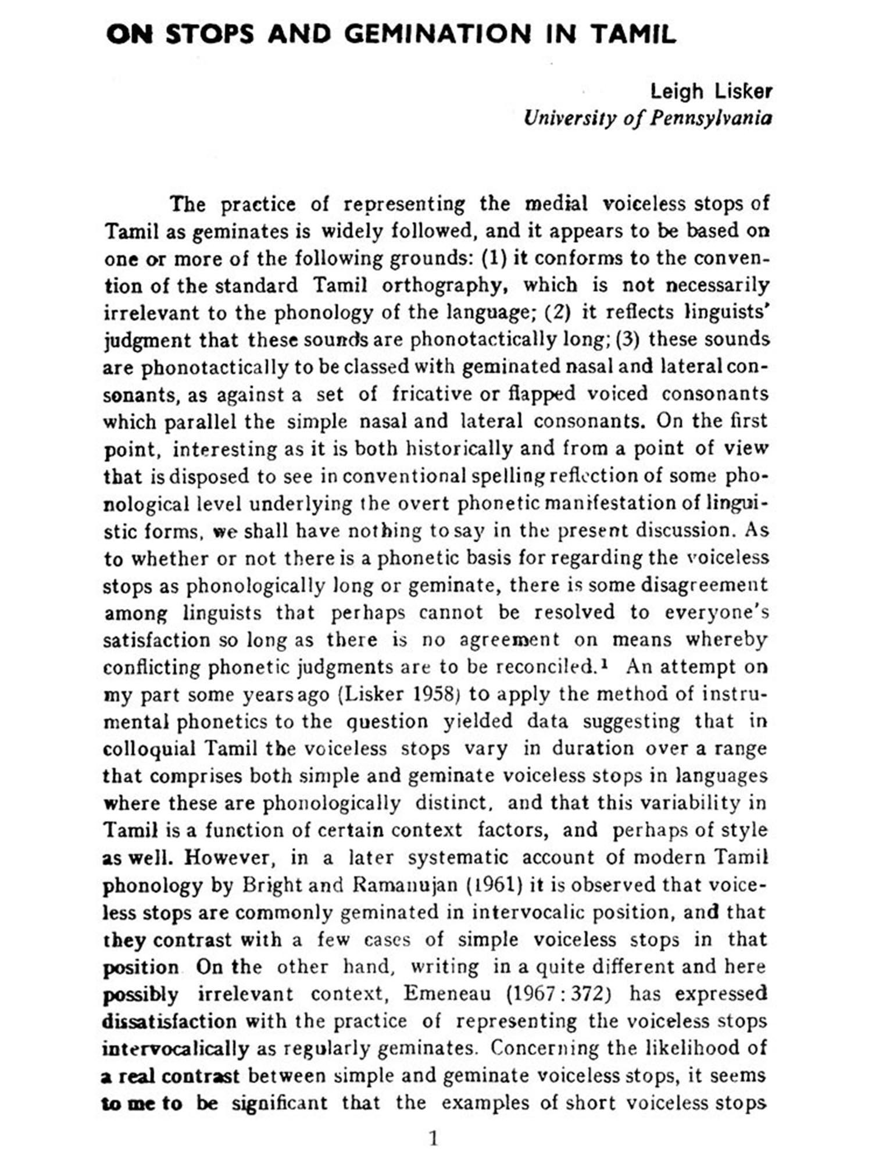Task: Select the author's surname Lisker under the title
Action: tap(743, 91)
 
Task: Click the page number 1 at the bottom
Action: tap(433, 1138)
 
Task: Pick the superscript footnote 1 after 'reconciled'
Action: tap(605, 663)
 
